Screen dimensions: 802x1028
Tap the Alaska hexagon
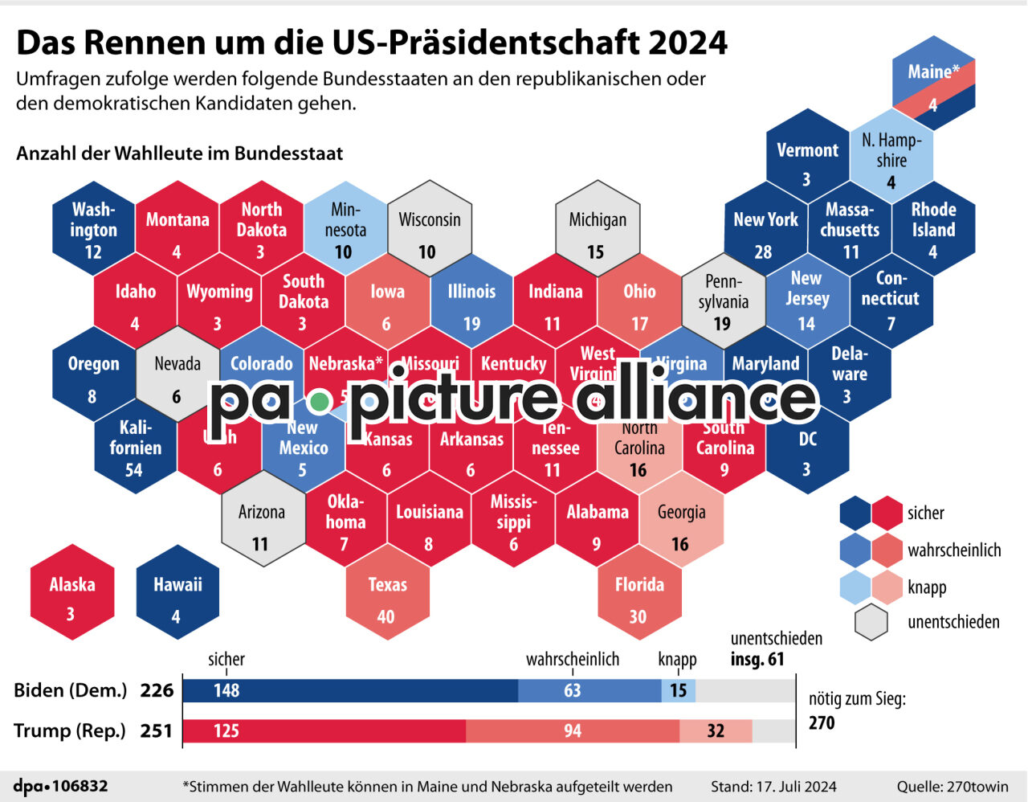point(71,592)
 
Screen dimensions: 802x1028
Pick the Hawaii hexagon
point(177,592)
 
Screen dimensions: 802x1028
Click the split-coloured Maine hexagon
point(932,84)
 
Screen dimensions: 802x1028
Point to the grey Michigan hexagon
point(597,229)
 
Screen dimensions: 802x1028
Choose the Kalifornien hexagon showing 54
point(135,447)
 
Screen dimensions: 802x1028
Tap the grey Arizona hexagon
point(262,520)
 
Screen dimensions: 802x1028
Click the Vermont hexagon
point(807,158)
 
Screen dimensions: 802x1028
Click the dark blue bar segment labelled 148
point(350,691)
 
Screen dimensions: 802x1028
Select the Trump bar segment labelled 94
point(572,731)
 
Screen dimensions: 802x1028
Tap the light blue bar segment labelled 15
point(679,691)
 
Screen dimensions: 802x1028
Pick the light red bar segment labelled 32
point(716,731)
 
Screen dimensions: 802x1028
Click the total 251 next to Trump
point(157,730)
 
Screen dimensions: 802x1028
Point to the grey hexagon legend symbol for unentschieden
point(871,623)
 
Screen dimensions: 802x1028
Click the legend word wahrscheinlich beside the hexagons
point(954,550)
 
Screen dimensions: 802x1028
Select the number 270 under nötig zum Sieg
point(822,722)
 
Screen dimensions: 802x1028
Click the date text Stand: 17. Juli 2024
point(773,787)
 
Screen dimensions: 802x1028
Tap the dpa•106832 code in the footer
point(61,786)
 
